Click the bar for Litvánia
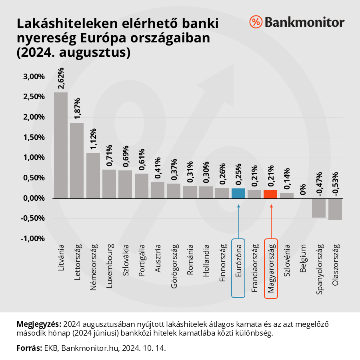point(61,145)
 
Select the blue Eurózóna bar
point(238,193)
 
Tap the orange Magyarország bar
point(271,194)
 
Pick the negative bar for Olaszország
point(335,209)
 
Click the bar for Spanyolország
point(319,208)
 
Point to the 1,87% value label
point(78,108)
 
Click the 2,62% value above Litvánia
point(61,78)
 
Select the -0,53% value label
point(335,184)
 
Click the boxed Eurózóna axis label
point(238,268)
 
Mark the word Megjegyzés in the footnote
point(39,323)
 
